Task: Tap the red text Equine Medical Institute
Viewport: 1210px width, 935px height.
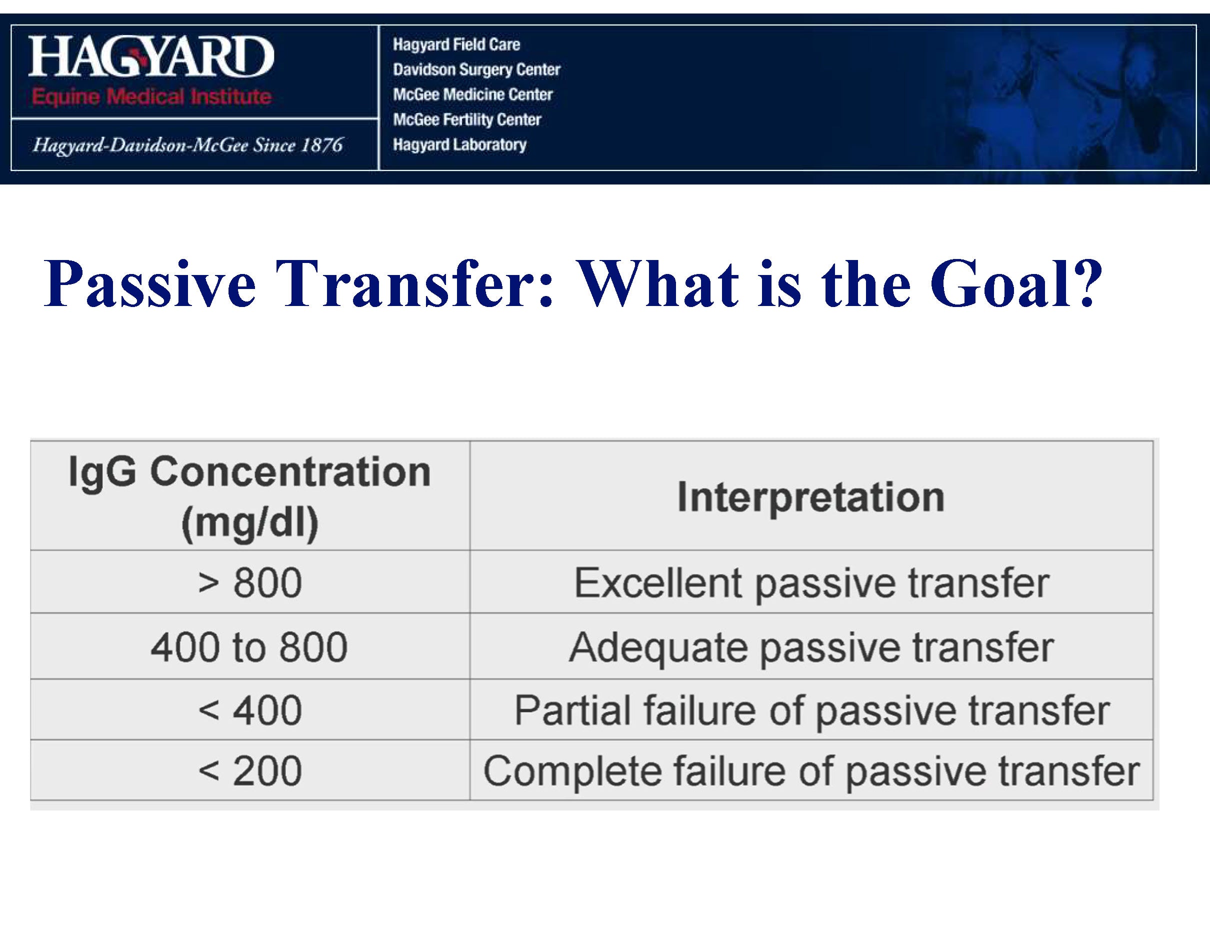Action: point(151,96)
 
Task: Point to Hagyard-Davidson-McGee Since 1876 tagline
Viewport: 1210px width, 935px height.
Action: point(188,145)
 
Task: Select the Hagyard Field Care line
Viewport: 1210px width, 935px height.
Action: point(456,44)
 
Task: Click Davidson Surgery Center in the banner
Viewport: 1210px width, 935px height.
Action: point(476,70)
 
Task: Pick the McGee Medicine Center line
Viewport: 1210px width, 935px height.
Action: point(472,94)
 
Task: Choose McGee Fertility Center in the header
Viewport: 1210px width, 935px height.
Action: point(467,119)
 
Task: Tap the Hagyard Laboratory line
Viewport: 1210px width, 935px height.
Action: point(460,145)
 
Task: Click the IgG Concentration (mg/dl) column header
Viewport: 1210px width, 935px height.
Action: point(249,496)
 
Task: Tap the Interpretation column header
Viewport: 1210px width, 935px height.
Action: point(811,497)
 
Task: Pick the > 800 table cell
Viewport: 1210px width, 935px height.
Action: point(250,582)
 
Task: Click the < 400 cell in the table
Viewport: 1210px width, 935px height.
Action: point(250,710)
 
